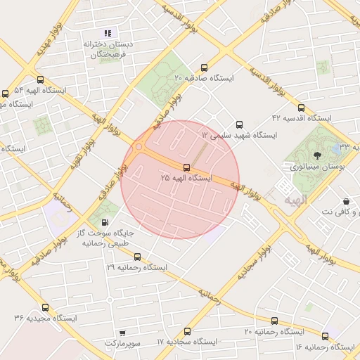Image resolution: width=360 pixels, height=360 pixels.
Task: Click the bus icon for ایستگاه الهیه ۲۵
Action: pos(186,167)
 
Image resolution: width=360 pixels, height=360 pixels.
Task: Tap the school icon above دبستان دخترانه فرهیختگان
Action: pos(108,32)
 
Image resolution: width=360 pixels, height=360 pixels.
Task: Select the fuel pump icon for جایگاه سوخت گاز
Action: pos(105,221)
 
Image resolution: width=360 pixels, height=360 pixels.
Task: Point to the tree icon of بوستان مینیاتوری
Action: pos(317,155)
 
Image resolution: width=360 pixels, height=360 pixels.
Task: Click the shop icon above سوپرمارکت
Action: pos(122,333)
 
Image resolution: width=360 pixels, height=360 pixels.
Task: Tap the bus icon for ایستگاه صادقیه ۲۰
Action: pos(204,68)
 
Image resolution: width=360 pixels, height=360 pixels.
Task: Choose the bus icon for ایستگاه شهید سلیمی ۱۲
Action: pos(239,124)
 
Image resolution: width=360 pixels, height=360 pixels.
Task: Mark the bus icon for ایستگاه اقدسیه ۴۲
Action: pos(301,108)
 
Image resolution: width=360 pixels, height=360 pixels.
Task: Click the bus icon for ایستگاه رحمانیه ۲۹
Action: pos(137,257)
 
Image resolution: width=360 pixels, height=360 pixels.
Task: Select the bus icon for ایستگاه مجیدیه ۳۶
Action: pos(46,307)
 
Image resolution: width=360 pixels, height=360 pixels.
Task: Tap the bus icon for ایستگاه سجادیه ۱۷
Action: pos(187,331)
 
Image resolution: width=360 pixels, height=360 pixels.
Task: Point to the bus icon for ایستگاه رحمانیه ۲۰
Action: pos(274,321)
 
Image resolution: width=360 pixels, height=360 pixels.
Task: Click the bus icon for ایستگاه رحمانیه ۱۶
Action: pos(325,336)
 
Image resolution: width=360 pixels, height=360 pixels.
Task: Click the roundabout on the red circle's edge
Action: pos(139,147)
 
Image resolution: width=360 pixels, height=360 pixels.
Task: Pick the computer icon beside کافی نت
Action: pos(346,202)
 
